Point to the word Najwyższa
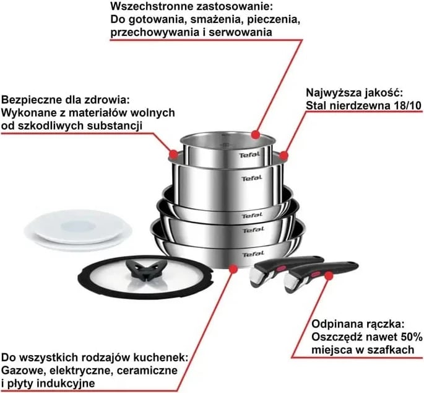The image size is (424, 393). (332, 92)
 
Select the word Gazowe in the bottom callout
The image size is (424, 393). (21, 371)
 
